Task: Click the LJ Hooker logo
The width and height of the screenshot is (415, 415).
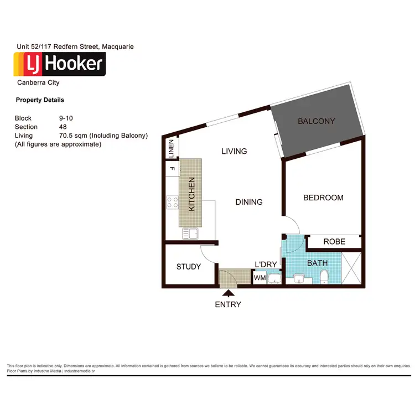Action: [x=59, y=64]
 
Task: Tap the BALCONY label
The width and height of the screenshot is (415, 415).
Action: [x=316, y=121]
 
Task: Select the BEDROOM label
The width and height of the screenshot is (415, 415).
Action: [x=323, y=198]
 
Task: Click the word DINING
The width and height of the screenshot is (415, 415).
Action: [x=249, y=202]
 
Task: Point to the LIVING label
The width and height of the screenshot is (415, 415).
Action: [x=234, y=151]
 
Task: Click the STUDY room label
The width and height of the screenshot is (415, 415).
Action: [x=189, y=267]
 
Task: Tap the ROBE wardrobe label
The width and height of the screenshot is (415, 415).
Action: [x=334, y=242]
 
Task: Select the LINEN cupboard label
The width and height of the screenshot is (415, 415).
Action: [x=171, y=148]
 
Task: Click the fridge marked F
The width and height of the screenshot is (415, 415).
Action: [x=172, y=168]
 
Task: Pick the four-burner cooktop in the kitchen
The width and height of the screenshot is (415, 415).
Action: [x=172, y=203]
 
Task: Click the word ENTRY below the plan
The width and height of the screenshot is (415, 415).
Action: [x=229, y=304]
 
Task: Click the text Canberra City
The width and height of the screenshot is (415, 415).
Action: [x=39, y=83]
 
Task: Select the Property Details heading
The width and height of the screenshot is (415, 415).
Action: [x=40, y=100]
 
